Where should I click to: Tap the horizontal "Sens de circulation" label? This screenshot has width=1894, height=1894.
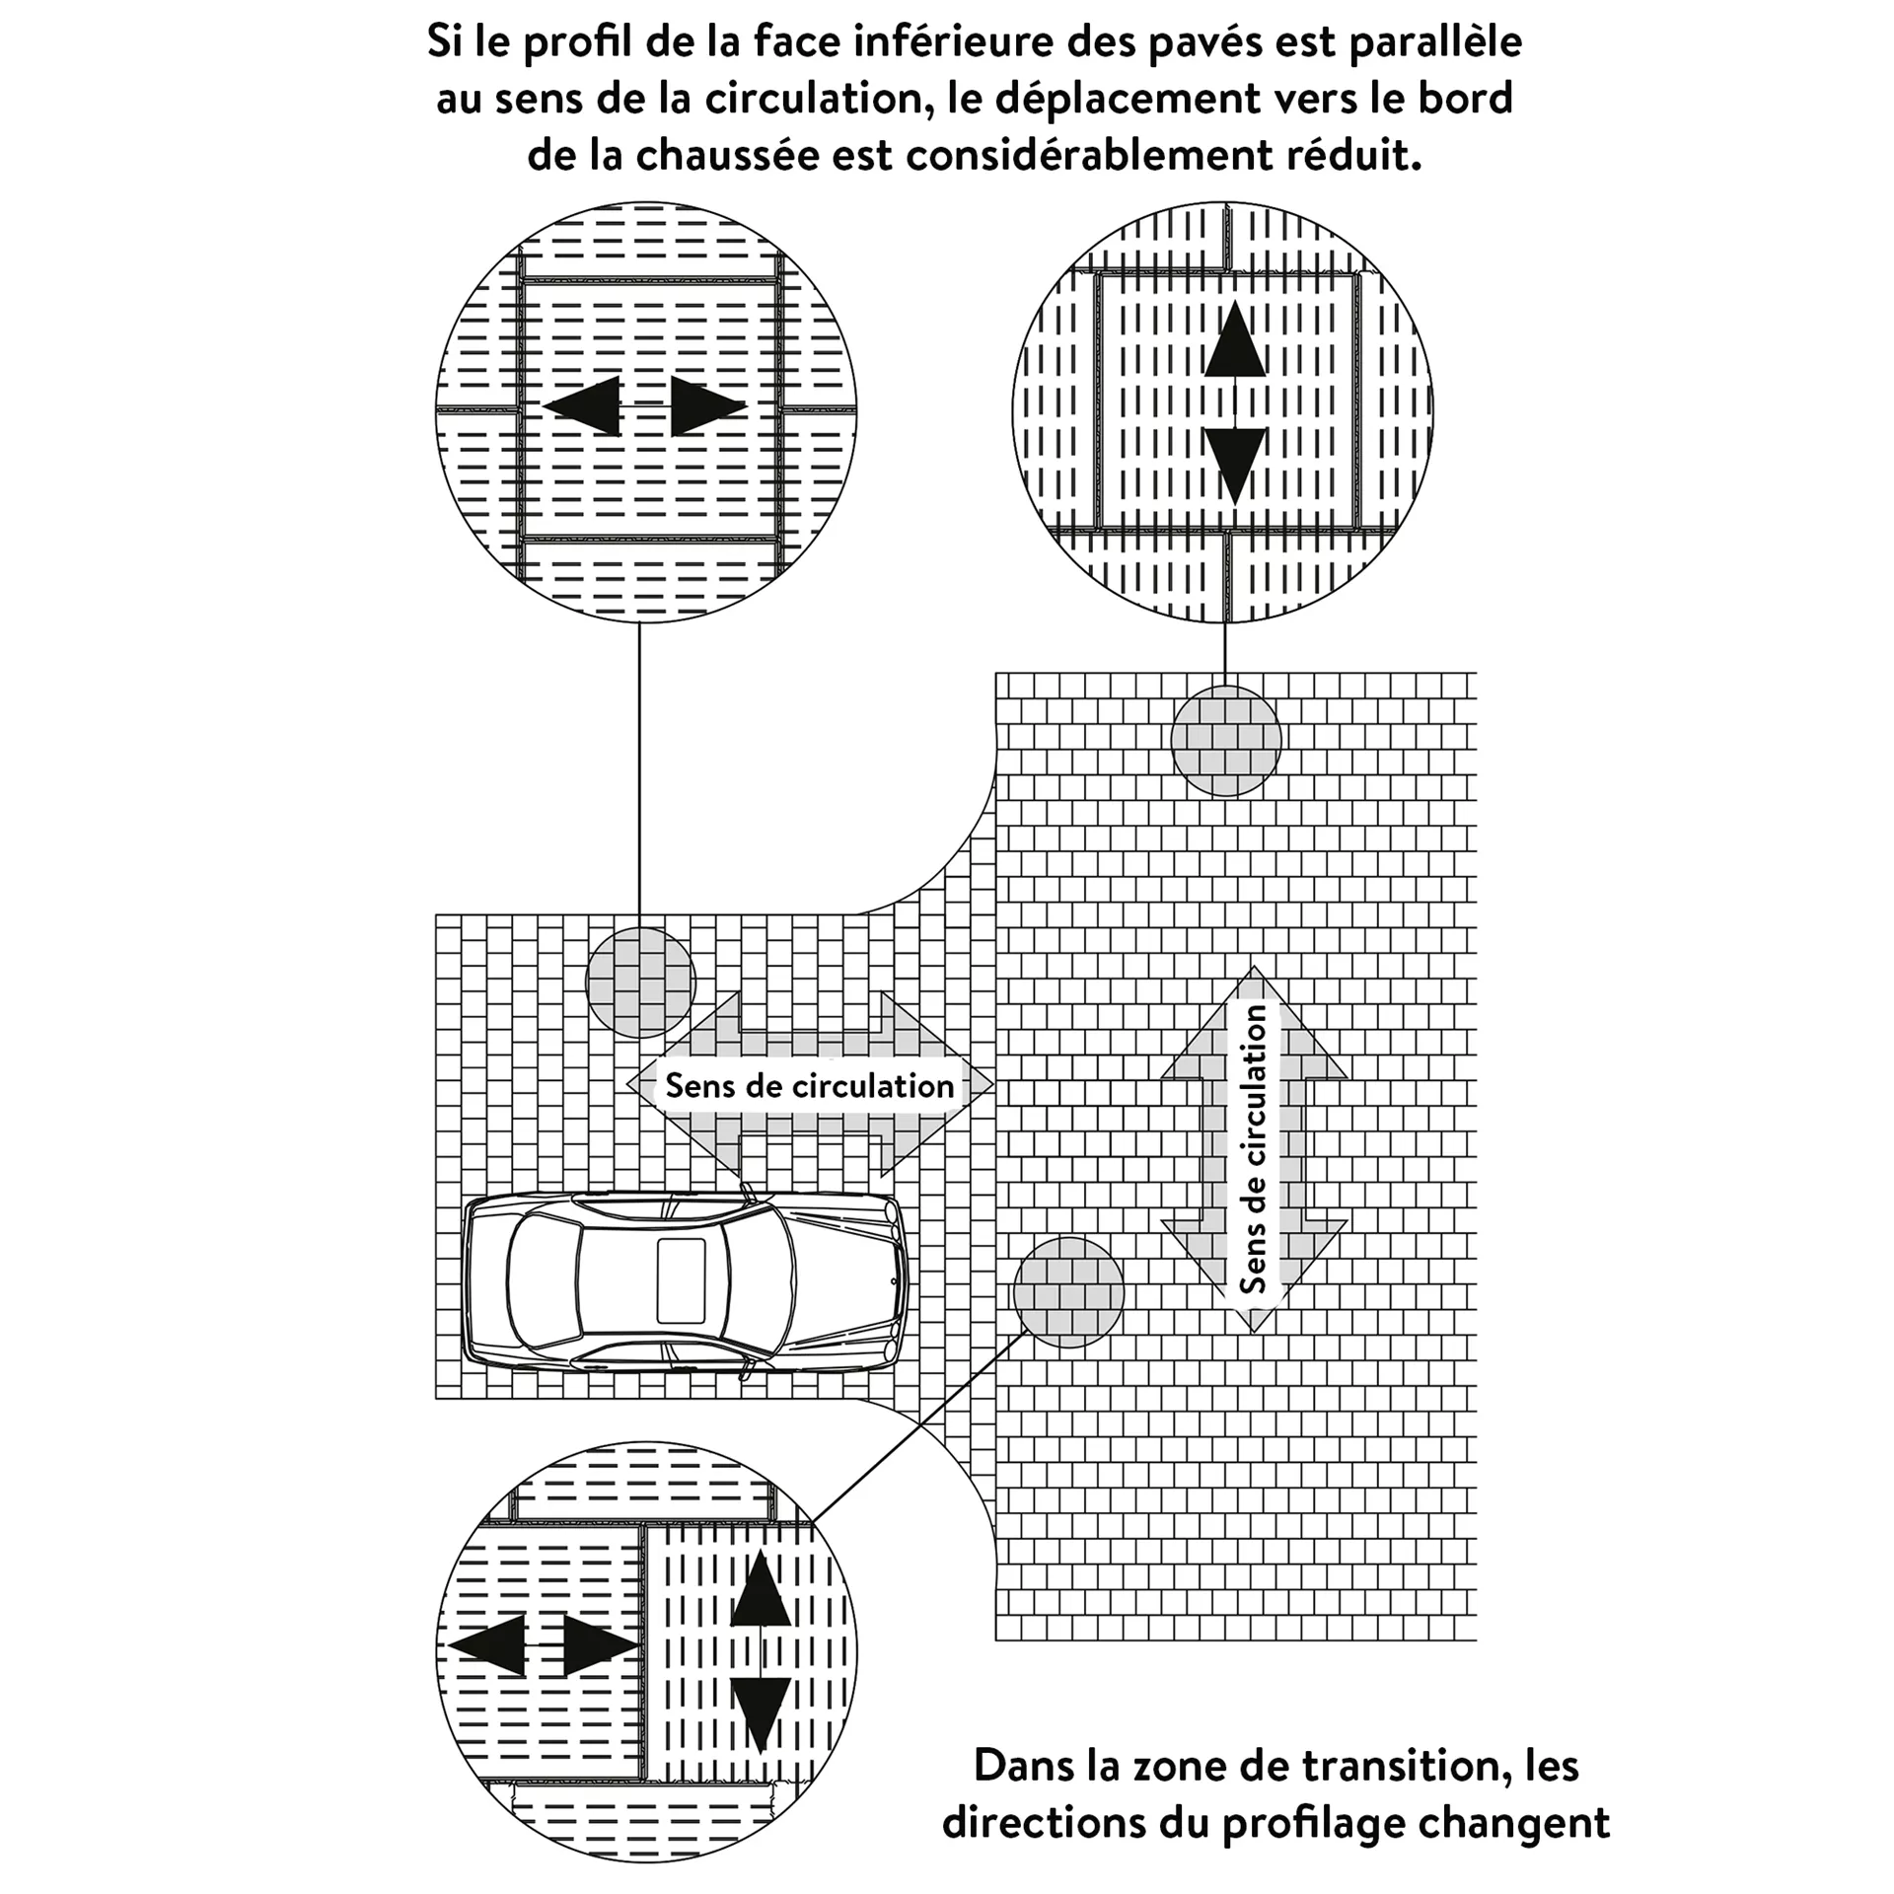point(809,1086)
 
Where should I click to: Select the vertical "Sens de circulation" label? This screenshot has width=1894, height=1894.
point(1253,1150)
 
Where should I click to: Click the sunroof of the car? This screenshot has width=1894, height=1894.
point(681,1280)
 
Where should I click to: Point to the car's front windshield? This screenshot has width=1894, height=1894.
point(762,1279)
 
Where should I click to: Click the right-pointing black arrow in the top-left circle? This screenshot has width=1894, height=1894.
point(707,405)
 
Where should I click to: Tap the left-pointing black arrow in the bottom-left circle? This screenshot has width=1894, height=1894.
point(487,1645)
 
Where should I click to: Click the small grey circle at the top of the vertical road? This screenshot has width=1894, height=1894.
point(1225,741)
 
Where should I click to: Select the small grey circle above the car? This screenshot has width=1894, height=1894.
point(640,983)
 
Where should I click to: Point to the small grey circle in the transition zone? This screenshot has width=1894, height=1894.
point(1068,1292)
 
